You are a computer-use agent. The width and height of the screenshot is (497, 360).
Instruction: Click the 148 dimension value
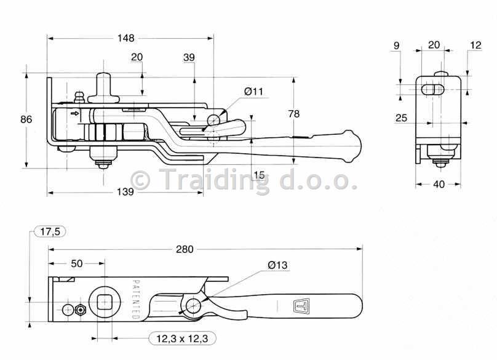[x=126, y=38]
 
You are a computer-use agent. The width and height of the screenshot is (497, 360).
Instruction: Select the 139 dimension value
[x=125, y=192]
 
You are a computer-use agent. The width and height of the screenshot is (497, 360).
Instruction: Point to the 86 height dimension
[x=26, y=119]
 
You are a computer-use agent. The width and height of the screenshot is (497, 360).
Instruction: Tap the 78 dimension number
[x=294, y=114]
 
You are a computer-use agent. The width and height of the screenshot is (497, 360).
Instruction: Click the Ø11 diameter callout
[x=253, y=92]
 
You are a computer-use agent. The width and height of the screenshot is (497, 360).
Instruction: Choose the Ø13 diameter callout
[x=277, y=265]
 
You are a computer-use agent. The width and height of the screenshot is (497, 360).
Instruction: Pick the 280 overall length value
[x=185, y=249]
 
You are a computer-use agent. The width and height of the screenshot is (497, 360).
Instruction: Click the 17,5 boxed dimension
[x=50, y=231]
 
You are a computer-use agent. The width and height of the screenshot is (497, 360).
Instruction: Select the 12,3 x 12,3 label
[x=182, y=338]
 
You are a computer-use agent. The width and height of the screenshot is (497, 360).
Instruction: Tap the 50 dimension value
[x=77, y=263]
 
